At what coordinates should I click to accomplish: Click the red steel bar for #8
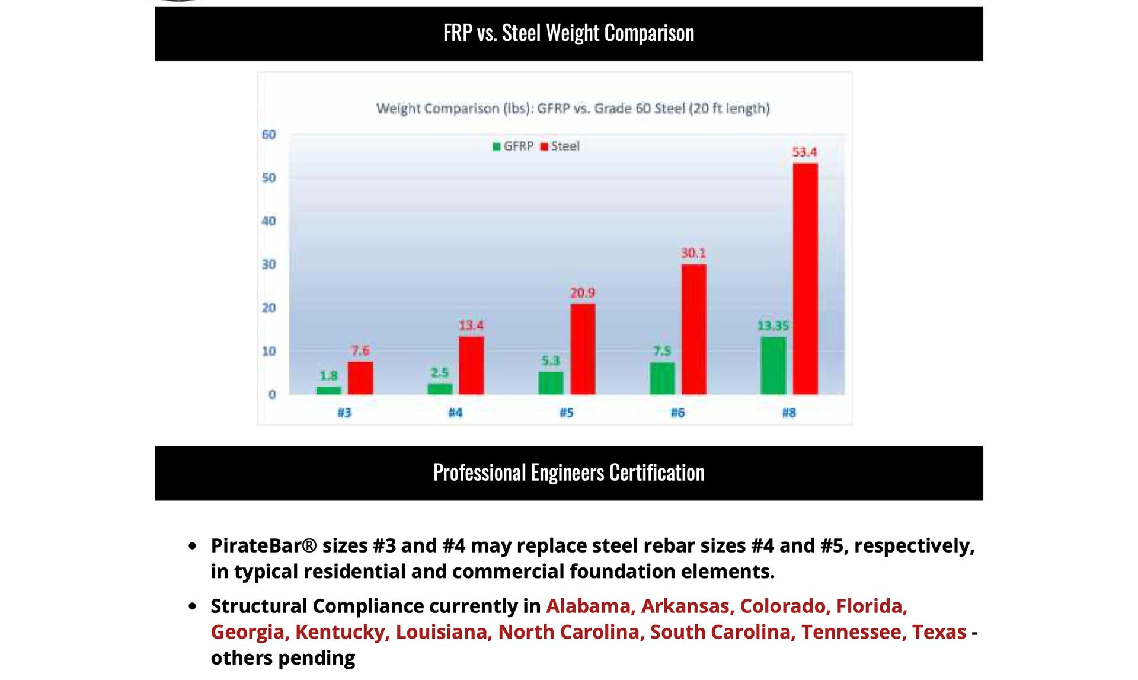pyautogui.click(x=805, y=279)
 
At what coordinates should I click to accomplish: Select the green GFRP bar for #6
pyautogui.click(x=662, y=378)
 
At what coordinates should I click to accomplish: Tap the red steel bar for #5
pyautogui.click(x=583, y=349)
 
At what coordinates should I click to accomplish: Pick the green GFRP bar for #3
pyautogui.click(x=328, y=391)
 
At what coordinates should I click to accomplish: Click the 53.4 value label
pyautogui.click(x=804, y=152)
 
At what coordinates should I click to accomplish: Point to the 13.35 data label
pyautogui.click(x=773, y=326)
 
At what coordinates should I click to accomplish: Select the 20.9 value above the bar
pyautogui.click(x=582, y=293)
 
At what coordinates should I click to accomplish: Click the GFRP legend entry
pyautogui.click(x=513, y=146)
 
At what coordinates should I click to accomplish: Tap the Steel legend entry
pyautogui.click(x=560, y=146)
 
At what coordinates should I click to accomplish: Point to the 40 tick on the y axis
pyautogui.click(x=268, y=221)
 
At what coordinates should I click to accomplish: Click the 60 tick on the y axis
pyautogui.click(x=268, y=135)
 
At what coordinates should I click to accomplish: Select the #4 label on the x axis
pyautogui.click(x=455, y=413)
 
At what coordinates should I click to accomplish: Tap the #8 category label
pyautogui.click(x=788, y=413)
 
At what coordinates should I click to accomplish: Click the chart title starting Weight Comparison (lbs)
pyautogui.click(x=573, y=108)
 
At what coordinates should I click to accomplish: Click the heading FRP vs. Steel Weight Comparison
pyautogui.click(x=568, y=33)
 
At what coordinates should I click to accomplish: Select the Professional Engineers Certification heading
pyautogui.click(x=568, y=473)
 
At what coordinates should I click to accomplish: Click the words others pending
pyautogui.click(x=283, y=658)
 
